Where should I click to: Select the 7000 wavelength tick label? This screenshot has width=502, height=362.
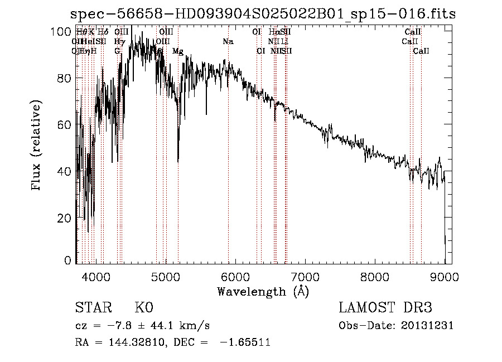(x=305, y=277)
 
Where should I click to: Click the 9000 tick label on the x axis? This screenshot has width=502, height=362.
(x=445, y=277)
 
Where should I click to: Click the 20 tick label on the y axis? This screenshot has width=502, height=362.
(x=66, y=218)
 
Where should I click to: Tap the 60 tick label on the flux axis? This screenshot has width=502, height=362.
(x=66, y=124)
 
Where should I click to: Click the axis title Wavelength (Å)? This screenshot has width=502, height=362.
(x=263, y=291)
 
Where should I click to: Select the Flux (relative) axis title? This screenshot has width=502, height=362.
(x=37, y=146)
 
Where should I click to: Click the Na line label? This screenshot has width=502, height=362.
(x=228, y=42)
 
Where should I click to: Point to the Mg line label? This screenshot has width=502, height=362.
(x=177, y=51)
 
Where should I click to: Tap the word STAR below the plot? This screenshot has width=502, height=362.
(x=93, y=308)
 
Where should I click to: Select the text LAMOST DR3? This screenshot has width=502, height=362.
(x=385, y=308)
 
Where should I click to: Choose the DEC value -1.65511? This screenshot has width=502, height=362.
(x=246, y=342)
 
